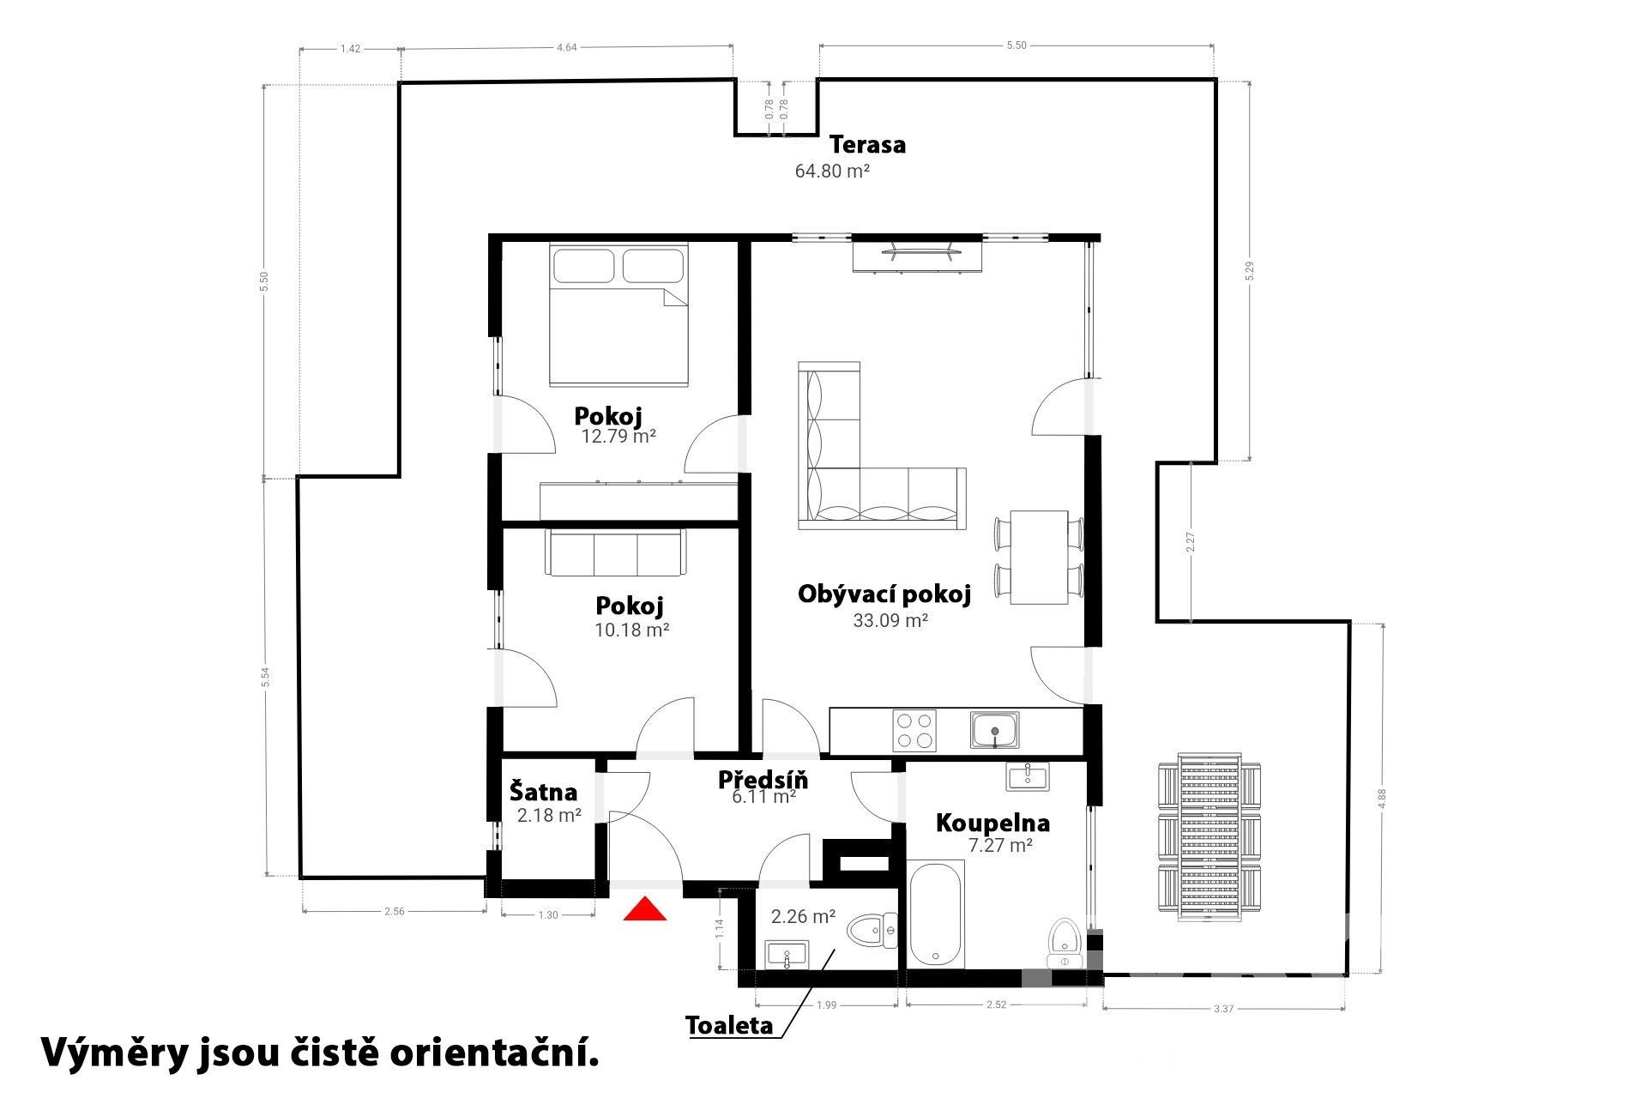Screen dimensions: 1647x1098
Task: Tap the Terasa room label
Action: coord(867,144)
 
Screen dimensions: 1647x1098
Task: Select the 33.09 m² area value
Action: coord(890,620)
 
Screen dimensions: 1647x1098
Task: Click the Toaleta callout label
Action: coord(729,1025)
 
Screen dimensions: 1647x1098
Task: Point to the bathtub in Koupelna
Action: coord(937,914)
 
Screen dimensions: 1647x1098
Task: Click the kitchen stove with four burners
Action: coord(914,731)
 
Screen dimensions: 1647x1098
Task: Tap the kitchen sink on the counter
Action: coord(995,730)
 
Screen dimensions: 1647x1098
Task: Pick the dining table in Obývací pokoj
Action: coord(1039,557)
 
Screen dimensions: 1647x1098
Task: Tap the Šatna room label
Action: coord(543,792)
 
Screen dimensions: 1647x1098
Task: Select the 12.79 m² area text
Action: coord(618,436)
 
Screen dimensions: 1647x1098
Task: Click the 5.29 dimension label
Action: coord(1250,271)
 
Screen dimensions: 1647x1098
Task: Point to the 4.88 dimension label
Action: coord(1381,799)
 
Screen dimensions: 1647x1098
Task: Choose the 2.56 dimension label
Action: coord(394,912)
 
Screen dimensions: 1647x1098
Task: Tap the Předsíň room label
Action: coord(763,780)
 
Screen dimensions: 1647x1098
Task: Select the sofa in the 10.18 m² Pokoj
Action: coord(614,552)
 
